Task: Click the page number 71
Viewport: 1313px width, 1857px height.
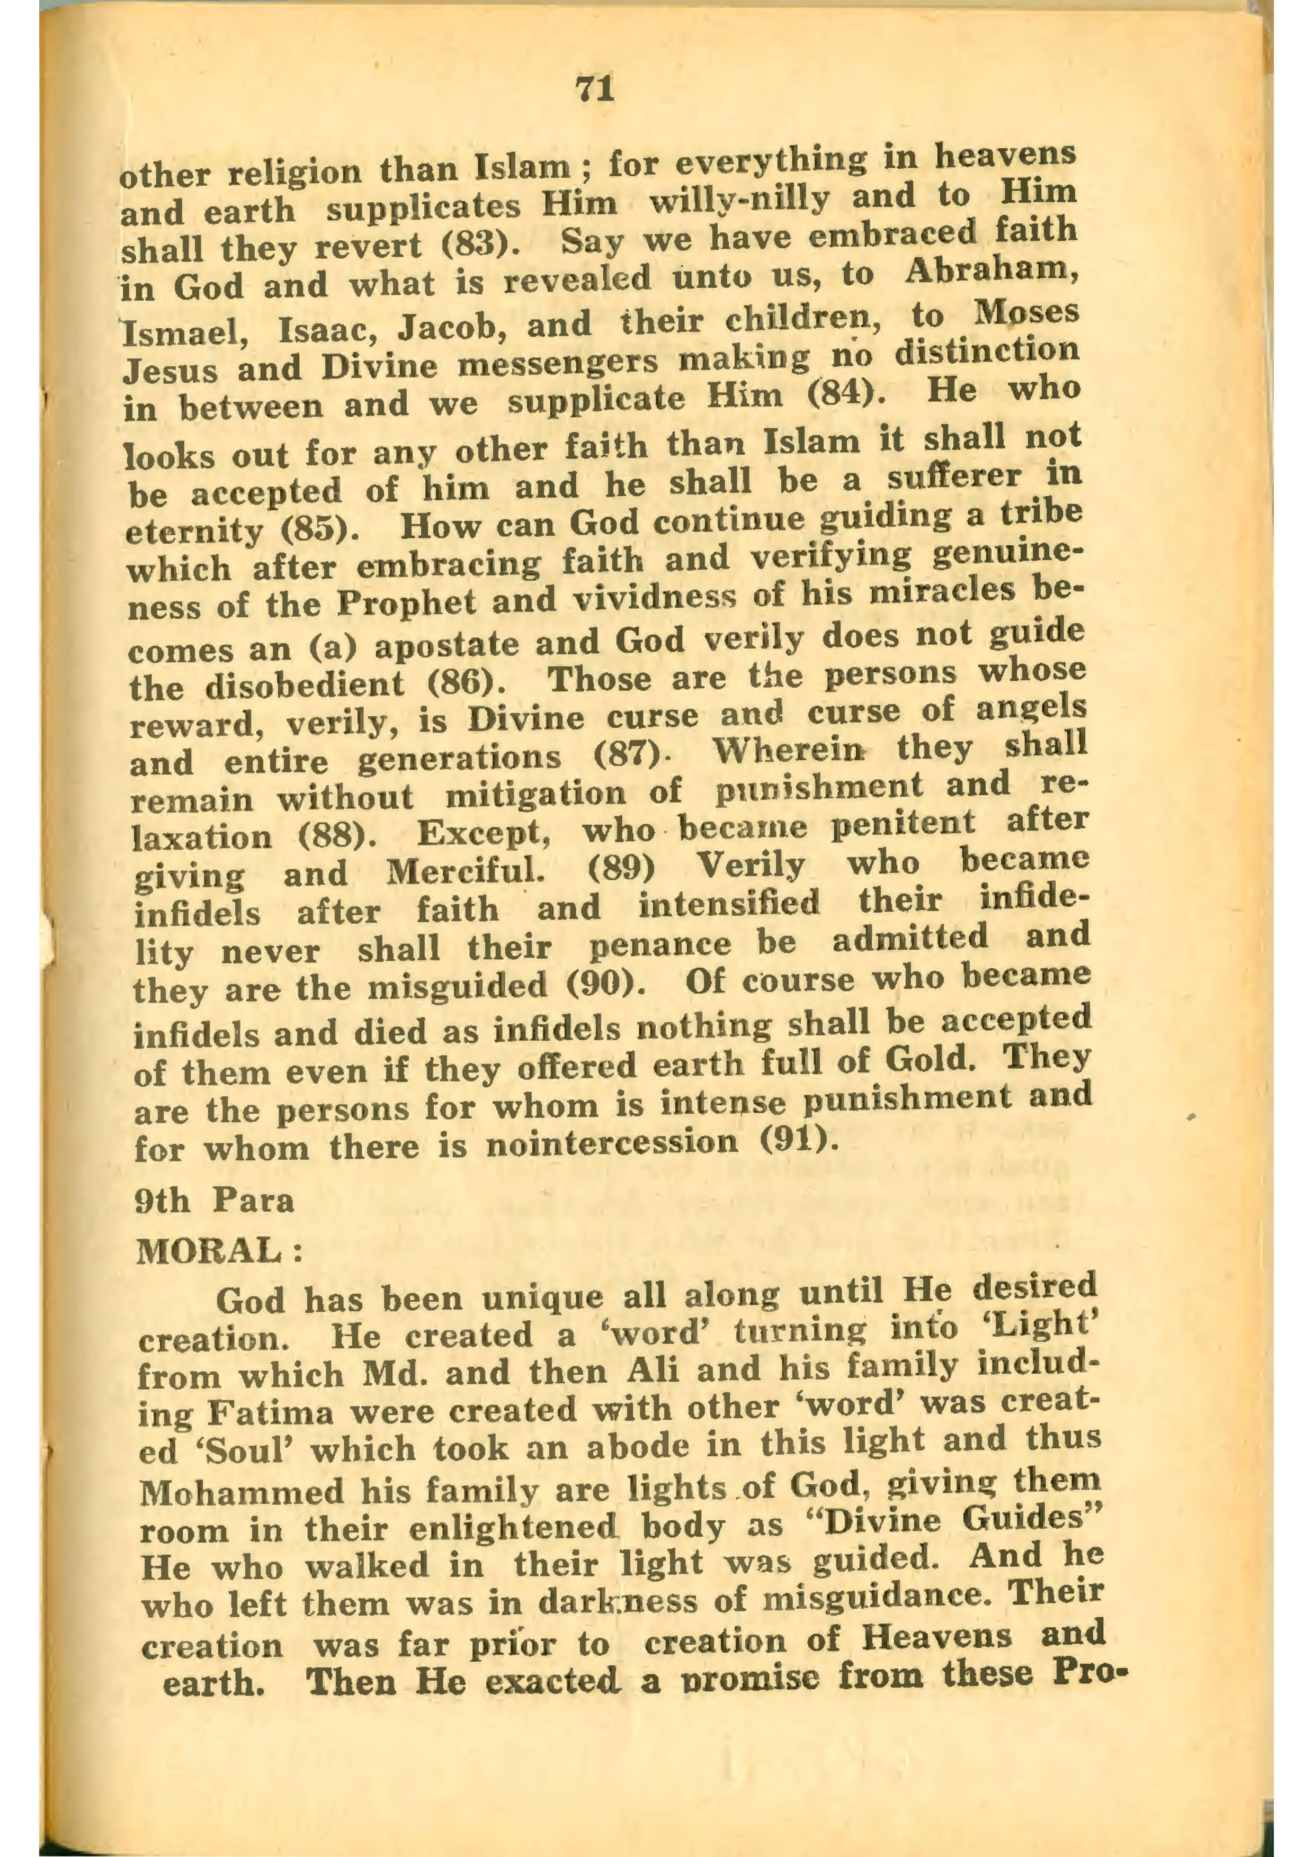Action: point(595,88)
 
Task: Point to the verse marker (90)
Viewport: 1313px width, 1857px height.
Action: point(600,987)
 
